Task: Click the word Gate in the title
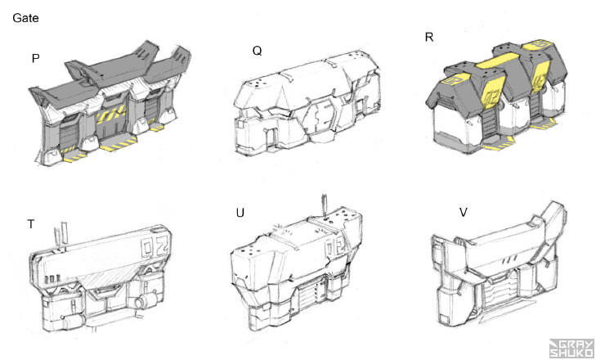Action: click(x=25, y=18)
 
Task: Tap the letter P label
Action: click(x=36, y=59)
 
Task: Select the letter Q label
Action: click(x=257, y=51)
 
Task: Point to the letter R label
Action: click(x=429, y=38)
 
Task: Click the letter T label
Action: click(x=31, y=224)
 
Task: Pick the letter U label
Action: click(x=240, y=213)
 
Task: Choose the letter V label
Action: click(x=464, y=213)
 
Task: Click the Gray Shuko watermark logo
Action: click(x=571, y=349)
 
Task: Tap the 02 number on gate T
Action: click(x=155, y=246)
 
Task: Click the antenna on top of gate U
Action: click(x=325, y=207)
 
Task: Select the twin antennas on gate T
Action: click(x=60, y=234)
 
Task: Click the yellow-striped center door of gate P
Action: click(x=111, y=123)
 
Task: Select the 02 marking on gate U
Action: click(x=336, y=248)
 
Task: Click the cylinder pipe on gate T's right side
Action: click(x=146, y=301)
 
